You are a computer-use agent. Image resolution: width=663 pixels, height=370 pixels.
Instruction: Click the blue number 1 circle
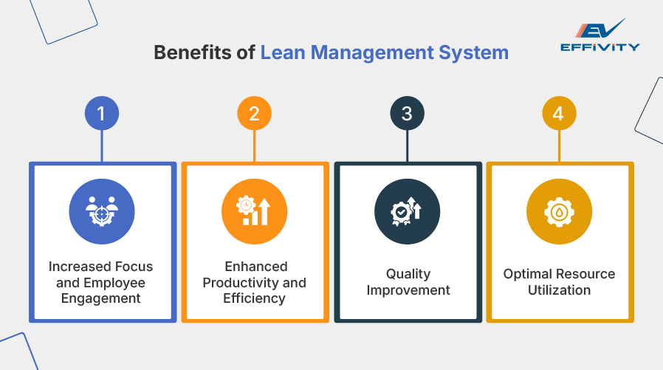pyautogui.click(x=102, y=114)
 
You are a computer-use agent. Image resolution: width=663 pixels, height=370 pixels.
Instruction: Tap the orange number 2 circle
pyautogui.click(x=254, y=114)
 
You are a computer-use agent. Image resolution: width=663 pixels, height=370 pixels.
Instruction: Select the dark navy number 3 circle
pyautogui.click(x=407, y=114)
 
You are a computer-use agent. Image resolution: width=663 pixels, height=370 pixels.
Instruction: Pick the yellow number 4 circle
pyautogui.click(x=559, y=114)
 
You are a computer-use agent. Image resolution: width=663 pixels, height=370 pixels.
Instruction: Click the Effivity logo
pyautogui.click(x=600, y=37)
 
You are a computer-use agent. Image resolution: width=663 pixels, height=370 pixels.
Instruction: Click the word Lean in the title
pyautogui.click(x=282, y=53)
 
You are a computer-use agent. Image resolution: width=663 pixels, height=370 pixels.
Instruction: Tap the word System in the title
pyautogui.click(x=478, y=53)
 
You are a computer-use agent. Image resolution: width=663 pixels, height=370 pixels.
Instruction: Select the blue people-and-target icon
pyautogui.click(x=102, y=211)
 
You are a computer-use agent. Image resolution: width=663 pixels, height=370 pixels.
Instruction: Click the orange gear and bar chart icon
pyautogui.click(x=254, y=211)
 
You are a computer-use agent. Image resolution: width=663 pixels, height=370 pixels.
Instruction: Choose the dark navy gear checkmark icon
pyautogui.click(x=407, y=211)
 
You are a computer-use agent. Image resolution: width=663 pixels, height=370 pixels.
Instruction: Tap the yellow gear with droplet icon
pyautogui.click(x=559, y=211)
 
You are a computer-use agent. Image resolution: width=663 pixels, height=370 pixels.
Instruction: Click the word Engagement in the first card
pyautogui.click(x=102, y=299)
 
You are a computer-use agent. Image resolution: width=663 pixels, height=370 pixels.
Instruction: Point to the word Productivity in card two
pyautogui.click(x=244, y=283)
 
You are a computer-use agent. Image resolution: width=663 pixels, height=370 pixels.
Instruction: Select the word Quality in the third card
pyautogui.click(x=407, y=274)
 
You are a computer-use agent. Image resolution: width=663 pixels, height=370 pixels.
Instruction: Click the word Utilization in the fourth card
pyautogui.click(x=559, y=290)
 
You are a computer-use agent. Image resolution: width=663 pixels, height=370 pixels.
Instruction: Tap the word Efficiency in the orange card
pyautogui.click(x=254, y=299)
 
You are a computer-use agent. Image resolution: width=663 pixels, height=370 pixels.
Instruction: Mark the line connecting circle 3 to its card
pyautogui.click(x=407, y=146)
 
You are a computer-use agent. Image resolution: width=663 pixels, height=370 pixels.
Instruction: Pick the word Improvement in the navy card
pyautogui.click(x=407, y=290)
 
